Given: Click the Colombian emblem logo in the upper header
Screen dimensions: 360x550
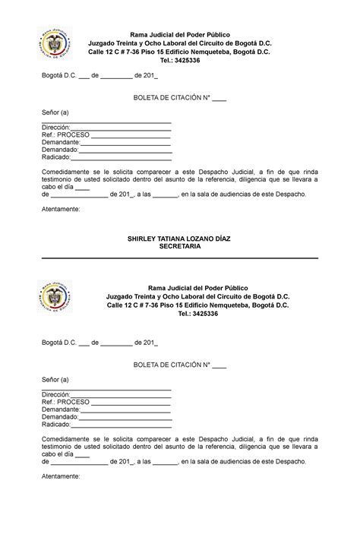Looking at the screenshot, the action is pyautogui.click(x=58, y=44).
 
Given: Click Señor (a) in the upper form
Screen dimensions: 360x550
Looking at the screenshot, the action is pyautogui.click(x=55, y=112).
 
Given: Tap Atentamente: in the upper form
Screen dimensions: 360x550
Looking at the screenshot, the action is pyautogui.click(x=60, y=209).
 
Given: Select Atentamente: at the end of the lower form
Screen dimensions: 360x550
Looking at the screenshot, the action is pyautogui.click(x=60, y=476).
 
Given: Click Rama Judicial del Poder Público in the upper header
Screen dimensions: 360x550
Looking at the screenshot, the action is pyautogui.click(x=180, y=35).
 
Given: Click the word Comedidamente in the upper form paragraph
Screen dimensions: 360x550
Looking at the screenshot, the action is pyautogui.click(x=66, y=172).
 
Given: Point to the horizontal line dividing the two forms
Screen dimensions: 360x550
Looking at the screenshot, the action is pyautogui.click(x=180, y=258).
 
